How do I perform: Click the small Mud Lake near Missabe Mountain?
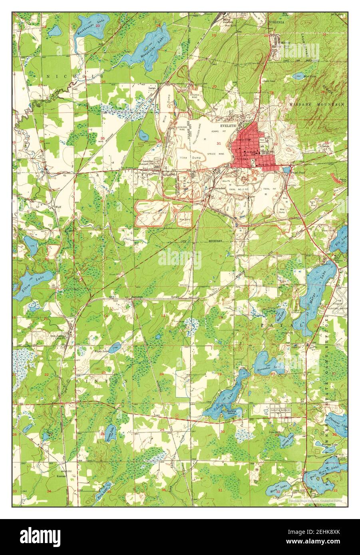(x=299, y=76)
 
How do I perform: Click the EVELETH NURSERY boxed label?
(x=280, y=410)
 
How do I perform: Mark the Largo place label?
(x=152, y=87)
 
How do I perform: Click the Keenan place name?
(x=61, y=476)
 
